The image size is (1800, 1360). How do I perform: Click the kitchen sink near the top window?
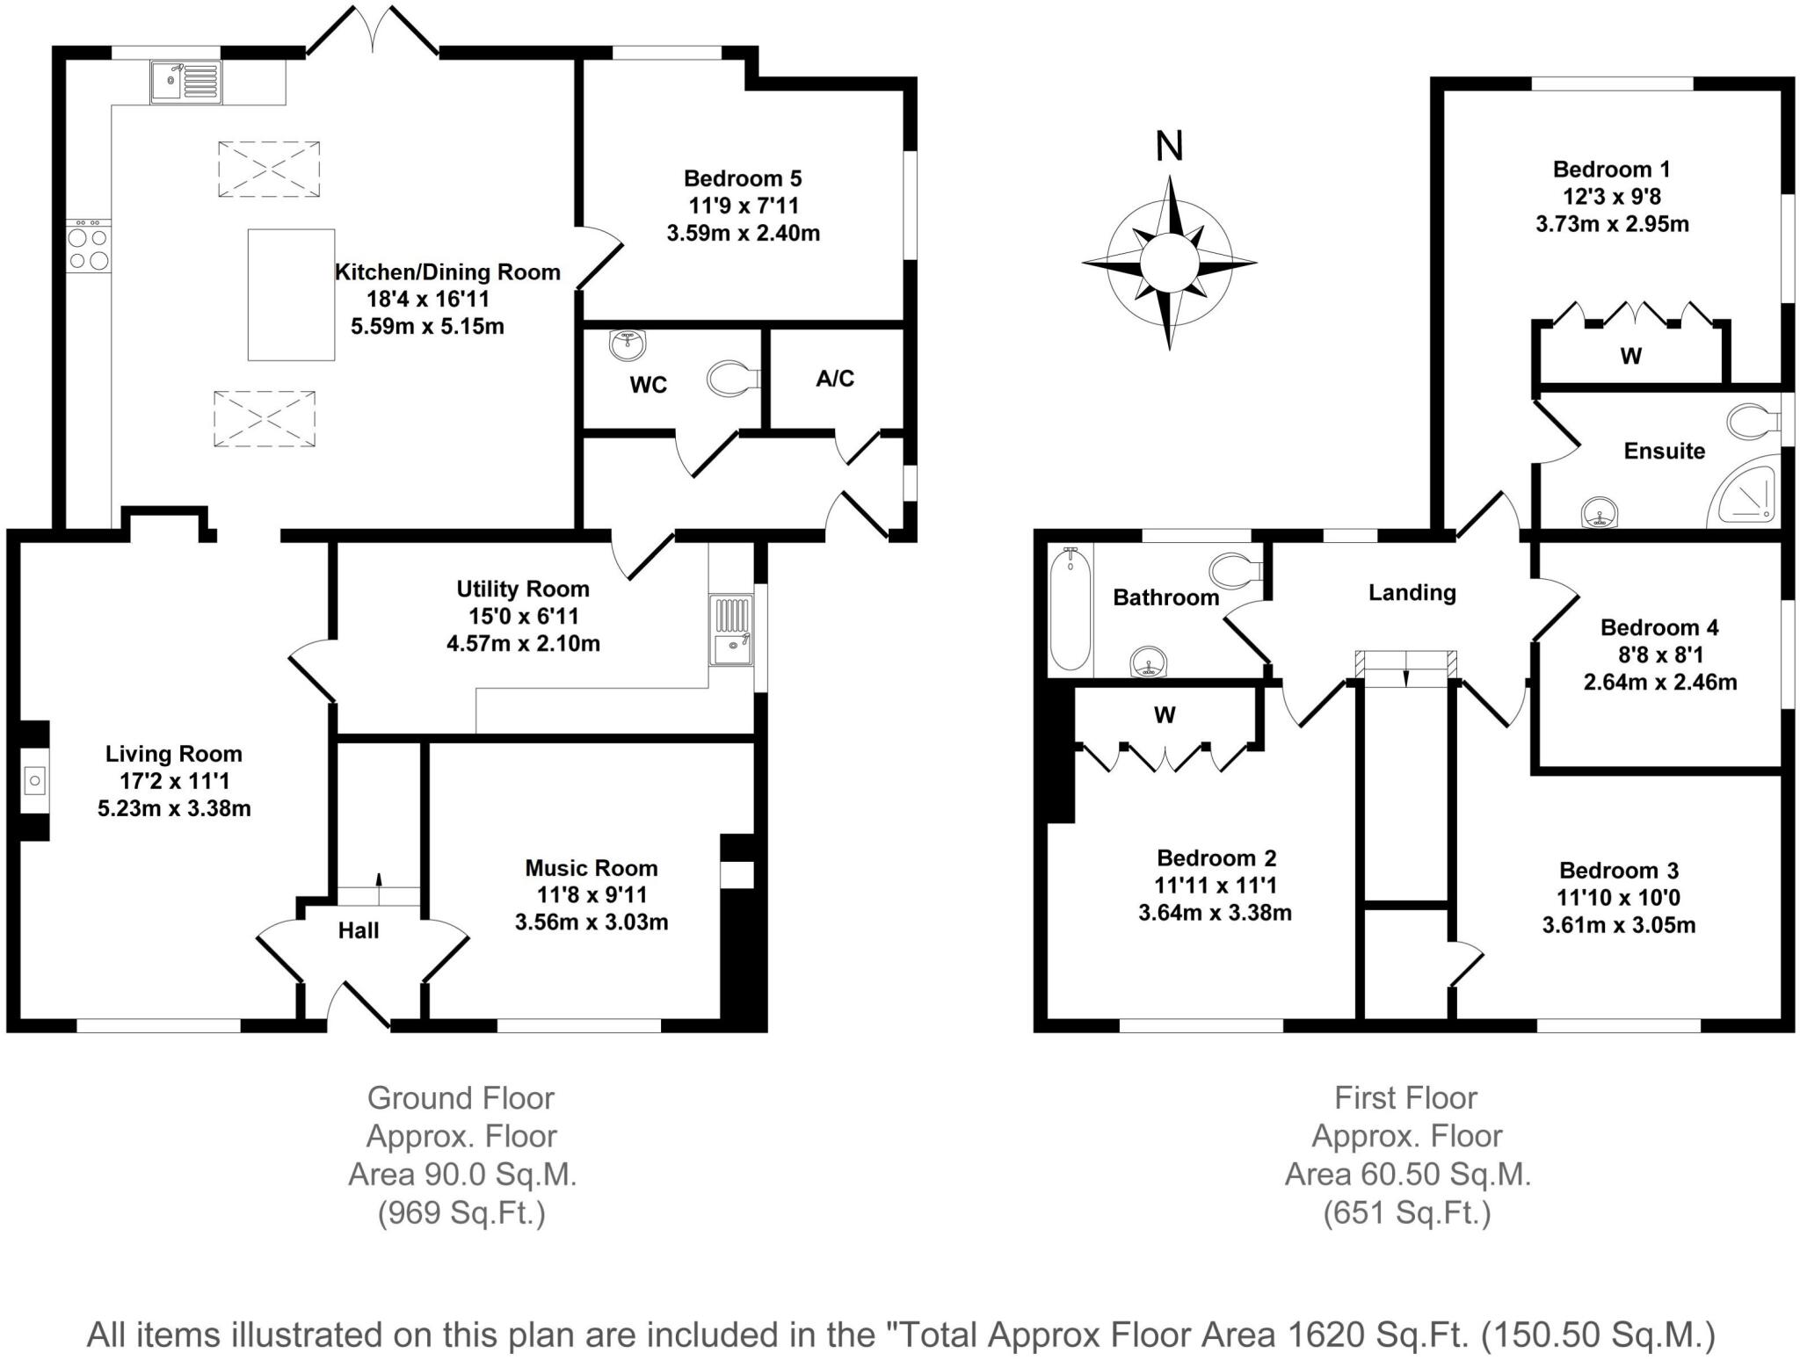185,83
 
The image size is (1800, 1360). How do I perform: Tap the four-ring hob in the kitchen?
89,248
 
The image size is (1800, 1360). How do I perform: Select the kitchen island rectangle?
291,294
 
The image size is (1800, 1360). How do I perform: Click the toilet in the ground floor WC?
732,380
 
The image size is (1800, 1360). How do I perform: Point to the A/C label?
835,379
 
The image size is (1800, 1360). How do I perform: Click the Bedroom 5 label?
743,178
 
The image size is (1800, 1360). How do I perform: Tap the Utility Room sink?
731,630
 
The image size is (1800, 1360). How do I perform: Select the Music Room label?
592,868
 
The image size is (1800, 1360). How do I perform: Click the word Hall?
359,930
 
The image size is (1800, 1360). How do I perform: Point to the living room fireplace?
34,780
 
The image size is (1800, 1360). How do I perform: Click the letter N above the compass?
1169,147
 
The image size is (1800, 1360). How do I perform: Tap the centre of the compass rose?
1169,263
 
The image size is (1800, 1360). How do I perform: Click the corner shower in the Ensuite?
1746,498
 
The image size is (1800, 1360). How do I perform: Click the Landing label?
1412,593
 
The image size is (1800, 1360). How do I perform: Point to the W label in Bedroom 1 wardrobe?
1630,356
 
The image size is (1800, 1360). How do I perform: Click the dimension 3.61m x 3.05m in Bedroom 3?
1619,925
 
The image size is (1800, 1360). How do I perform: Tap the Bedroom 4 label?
1659,627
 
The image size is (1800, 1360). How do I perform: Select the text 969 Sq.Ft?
461,1213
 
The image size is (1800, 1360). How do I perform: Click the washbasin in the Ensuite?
1600,512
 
